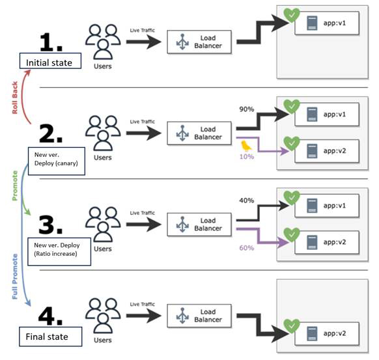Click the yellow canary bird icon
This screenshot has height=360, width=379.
(x=246, y=146)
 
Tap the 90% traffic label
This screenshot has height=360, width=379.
(x=247, y=109)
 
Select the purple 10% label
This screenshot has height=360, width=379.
(x=247, y=156)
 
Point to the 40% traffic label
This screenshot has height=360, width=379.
(x=247, y=201)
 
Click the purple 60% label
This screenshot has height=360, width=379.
(x=247, y=247)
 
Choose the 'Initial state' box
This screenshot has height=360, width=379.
(x=50, y=61)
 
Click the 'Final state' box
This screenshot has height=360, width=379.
(x=51, y=337)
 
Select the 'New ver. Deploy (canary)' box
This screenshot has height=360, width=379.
(x=57, y=161)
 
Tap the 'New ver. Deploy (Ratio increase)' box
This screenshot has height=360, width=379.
(x=59, y=251)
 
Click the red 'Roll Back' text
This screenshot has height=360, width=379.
(x=15, y=98)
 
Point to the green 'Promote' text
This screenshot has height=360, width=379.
(x=15, y=186)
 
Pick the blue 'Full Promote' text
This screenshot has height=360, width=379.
(x=15, y=277)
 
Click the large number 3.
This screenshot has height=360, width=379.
(x=51, y=225)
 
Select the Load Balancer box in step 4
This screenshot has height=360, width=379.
(x=199, y=316)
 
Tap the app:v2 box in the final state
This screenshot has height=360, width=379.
(x=327, y=333)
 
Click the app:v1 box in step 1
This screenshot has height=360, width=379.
(x=327, y=23)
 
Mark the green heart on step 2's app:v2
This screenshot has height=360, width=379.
(x=292, y=143)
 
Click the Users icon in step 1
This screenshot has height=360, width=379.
(x=103, y=42)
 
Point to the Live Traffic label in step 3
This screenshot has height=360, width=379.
(x=143, y=213)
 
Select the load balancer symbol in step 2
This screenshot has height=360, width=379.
(x=182, y=133)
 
